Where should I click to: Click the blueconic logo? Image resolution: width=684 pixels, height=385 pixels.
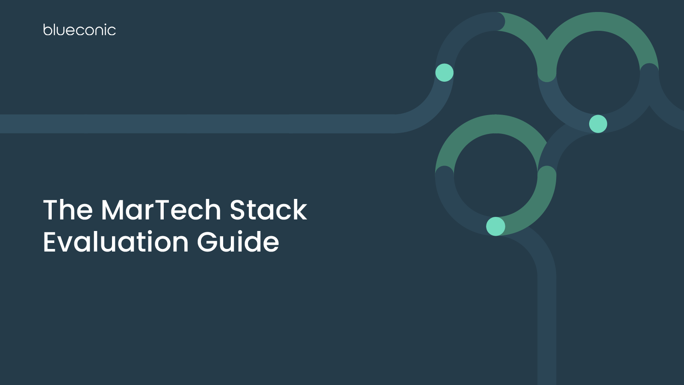[x=80, y=30]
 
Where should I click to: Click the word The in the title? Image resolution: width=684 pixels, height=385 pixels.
[x=68, y=210]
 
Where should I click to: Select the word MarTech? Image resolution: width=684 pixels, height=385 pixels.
[x=161, y=210]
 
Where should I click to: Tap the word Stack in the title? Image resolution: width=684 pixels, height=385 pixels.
[x=268, y=210]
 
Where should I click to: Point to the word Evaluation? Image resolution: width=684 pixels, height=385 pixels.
[x=115, y=242]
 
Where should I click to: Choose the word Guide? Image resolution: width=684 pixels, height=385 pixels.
[x=238, y=242]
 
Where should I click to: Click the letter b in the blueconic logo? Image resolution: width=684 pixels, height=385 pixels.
[x=47, y=30]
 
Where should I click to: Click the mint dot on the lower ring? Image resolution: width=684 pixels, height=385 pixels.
[x=495, y=226]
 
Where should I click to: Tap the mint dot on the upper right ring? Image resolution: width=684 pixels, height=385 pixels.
[x=598, y=124]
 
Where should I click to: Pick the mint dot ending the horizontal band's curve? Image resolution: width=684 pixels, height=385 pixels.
[x=445, y=73]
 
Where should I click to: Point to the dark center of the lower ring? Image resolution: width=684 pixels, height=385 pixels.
[x=495, y=175]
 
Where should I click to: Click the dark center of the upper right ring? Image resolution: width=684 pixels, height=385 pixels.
[x=598, y=73]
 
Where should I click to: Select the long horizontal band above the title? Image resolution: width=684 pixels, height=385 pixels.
[x=192, y=124]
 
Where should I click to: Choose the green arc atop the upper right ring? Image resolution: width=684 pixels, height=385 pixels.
[x=598, y=21]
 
